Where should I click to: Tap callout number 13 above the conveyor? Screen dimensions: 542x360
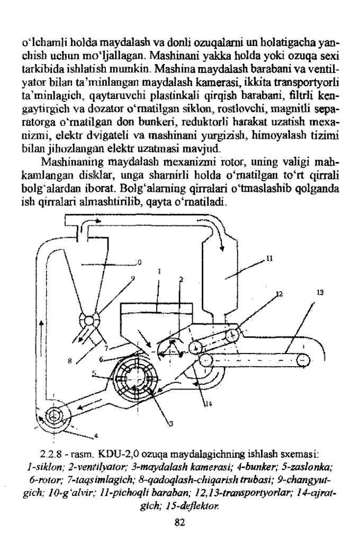pos(320,292)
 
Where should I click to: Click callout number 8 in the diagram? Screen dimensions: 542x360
pos(71,361)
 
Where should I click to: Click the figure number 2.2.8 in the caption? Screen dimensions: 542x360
pos(50,454)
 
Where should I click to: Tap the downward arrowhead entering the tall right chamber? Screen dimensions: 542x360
pos(223,246)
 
